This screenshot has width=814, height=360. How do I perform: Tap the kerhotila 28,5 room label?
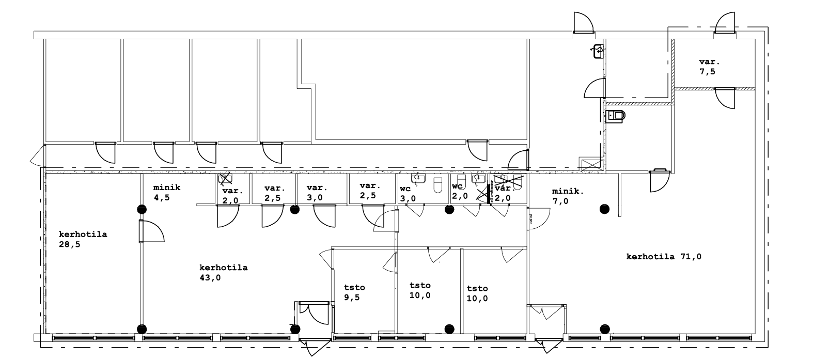tap(83, 239)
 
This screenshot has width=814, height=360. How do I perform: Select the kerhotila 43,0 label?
tap(223, 273)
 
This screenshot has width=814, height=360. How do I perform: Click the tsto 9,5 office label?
tap(354, 292)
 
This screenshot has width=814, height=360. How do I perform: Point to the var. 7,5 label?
tap(709, 67)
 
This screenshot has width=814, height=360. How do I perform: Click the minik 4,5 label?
tap(166, 192)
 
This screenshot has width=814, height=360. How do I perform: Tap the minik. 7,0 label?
tap(568, 196)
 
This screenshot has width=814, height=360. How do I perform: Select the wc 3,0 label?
tap(408, 193)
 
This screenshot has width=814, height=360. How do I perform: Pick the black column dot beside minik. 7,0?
tap(604, 209)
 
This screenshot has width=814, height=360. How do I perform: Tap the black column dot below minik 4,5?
tap(141, 209)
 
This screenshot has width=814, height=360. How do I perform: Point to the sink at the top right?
tap(599, 51)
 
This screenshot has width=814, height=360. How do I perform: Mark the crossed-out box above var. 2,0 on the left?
tap(225, 179)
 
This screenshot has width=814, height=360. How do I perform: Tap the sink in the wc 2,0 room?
tap(476, 179)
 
